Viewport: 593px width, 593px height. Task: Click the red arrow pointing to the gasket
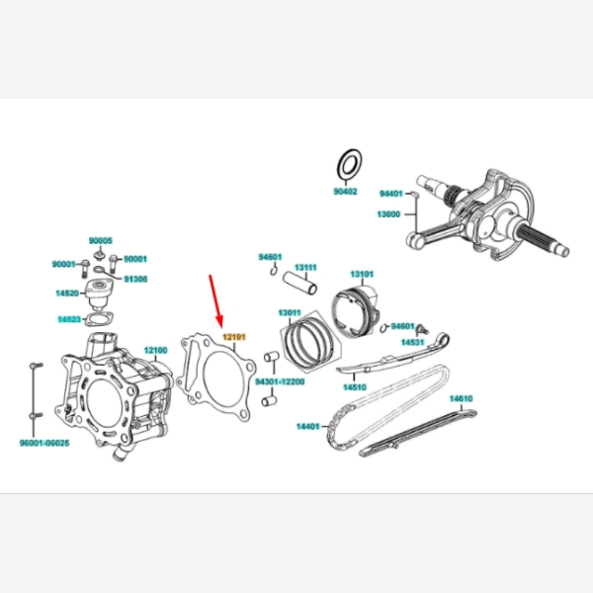point(215,301)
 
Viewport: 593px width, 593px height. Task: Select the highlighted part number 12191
point(234,337)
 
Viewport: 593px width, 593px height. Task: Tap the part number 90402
point(345,192)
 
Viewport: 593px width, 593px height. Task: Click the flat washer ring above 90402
point(350,163)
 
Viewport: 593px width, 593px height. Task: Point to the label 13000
point(388,214)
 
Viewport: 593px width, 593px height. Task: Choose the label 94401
point(391,194)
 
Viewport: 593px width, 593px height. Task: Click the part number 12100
point(155,350)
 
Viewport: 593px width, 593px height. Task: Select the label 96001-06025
point(44,443)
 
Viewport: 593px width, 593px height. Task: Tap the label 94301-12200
point(280,381)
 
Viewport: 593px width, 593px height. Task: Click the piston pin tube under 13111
point(299,284)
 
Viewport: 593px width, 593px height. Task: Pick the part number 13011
point(290,312)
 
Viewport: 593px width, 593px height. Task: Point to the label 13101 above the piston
point(362,274)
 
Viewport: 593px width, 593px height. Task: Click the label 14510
point(355,387)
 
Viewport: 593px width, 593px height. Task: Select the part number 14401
point(307,427)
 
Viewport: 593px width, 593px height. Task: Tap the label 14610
point(461,398)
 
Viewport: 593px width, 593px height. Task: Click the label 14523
point(69,319)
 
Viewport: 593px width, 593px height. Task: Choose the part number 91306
point(135,279)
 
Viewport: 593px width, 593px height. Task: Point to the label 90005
point(101,240)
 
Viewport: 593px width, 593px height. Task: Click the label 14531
point(412,342)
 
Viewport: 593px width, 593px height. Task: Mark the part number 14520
point(67,294)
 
